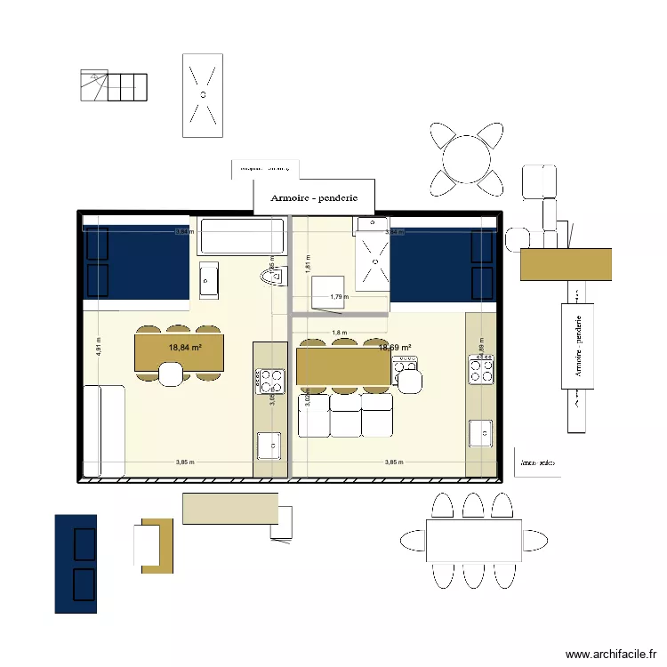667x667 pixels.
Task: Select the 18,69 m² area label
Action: [x=395, y=348]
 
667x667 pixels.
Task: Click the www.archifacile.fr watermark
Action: [x=610, y=654]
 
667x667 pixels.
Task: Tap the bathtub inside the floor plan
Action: [x=239, y=237]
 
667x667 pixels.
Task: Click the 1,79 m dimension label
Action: [x=337, y=297]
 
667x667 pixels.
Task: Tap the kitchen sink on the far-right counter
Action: [x=481, y=433]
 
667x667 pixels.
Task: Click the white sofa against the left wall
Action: [x=103, y=430]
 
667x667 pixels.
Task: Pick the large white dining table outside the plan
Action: [x=473, y=540]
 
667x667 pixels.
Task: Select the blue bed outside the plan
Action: [x=76, y=564]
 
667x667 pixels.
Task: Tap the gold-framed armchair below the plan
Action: [x=153, y=544]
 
